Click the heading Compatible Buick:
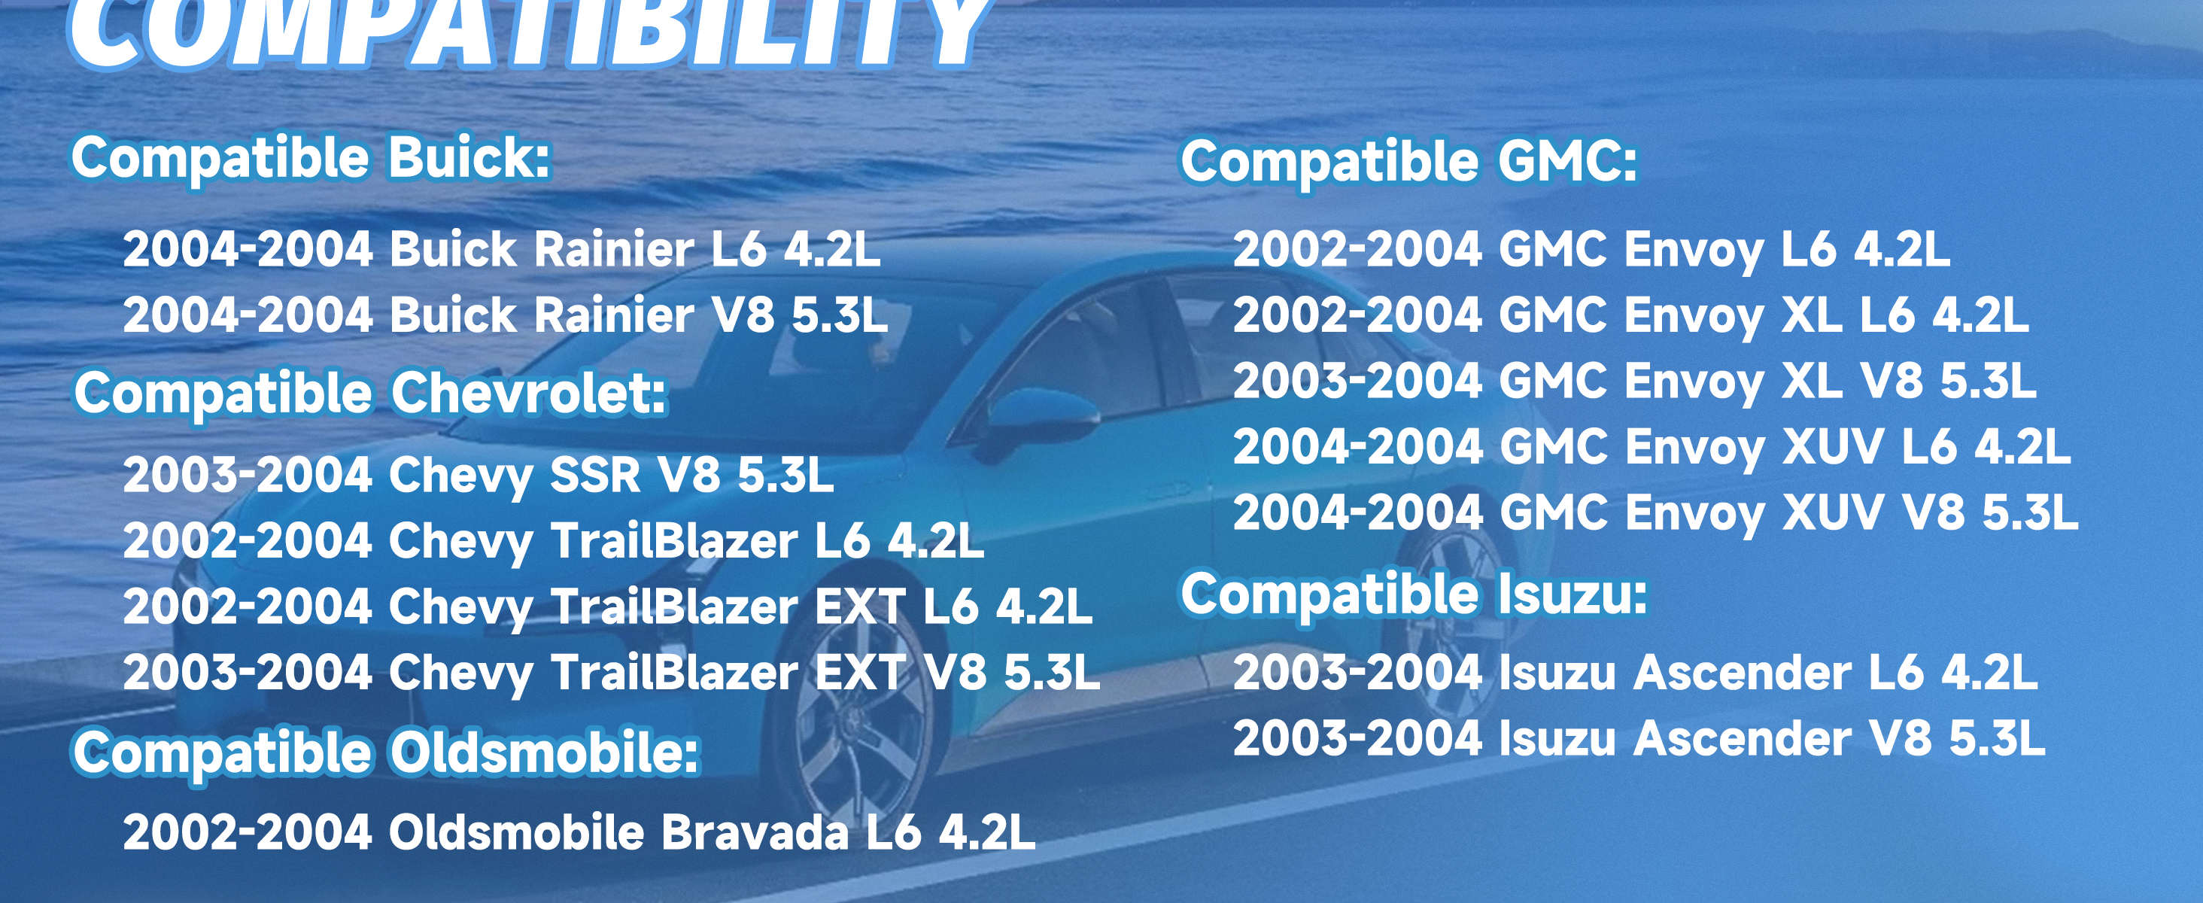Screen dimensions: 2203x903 [x=311, y=158]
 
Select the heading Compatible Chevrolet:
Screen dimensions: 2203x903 [x=370, y=394]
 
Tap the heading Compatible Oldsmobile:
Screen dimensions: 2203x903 [x=387, y=753]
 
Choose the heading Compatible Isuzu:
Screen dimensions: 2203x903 [x=1414, y=594]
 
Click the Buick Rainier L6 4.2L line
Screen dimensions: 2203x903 [x=501, y=250]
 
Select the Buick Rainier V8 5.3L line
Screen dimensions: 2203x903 [x=506, y=315]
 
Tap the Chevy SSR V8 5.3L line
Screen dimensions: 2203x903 [x=478, y=475]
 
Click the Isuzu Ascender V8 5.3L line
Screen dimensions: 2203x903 [x=1639, y=739]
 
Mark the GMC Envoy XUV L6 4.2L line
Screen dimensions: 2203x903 [x=1651, y=447]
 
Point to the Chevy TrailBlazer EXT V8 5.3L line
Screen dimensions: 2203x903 [x=612, y=673]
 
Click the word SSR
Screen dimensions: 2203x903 [x=595, y=475]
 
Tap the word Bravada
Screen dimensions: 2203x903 [x=755, y=832]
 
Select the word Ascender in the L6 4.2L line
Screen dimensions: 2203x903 [x=1743, y=673]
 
